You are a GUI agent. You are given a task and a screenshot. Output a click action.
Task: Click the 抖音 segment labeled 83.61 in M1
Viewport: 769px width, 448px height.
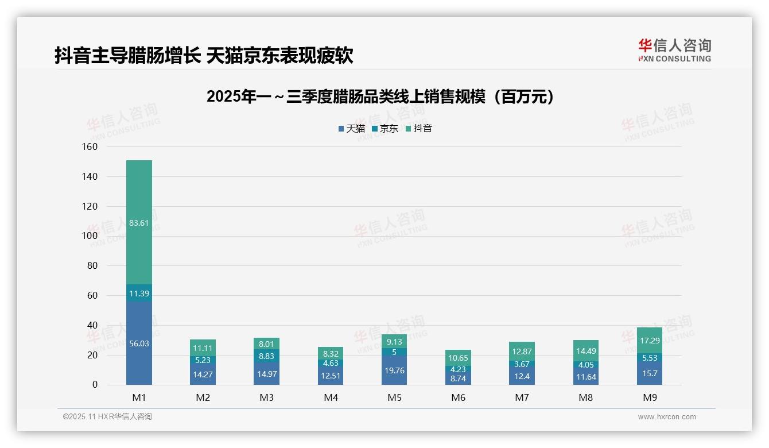click(139, 223)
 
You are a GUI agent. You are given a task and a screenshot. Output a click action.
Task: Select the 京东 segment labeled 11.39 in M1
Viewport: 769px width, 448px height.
click(139, 293)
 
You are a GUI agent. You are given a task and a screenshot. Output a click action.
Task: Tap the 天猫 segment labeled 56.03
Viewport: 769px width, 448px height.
click(139, 343)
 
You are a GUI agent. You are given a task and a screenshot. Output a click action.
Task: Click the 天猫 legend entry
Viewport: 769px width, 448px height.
click(352, 129)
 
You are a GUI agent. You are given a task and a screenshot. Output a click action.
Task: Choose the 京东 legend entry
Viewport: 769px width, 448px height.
click(385, 129)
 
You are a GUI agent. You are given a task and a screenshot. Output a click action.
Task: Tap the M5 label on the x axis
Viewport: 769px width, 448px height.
click(394, 397)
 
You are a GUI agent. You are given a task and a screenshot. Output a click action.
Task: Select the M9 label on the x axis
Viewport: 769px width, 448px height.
click(650, 397)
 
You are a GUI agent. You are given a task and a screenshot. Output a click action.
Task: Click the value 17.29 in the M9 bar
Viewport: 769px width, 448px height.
click(650, 341)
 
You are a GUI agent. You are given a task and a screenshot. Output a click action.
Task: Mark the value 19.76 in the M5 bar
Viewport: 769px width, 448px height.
click(394, 370)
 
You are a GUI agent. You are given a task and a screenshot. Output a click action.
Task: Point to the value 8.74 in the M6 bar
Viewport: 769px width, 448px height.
click(458, 379)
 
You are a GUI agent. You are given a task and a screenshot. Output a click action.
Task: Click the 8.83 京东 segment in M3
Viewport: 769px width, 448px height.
click(267, 356)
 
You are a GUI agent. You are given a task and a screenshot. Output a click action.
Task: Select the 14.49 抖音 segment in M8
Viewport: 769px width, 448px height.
click(586, 351)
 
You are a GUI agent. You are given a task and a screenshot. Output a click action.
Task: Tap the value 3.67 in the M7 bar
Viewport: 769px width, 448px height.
click(522, 364)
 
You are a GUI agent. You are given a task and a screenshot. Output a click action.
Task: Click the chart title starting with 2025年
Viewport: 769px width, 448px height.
click(382, 96)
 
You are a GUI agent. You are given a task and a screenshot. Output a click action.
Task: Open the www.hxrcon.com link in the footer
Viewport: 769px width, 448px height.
click(667, 417)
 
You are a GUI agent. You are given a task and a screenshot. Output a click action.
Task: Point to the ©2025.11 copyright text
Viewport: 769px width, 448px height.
click(107, 417)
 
